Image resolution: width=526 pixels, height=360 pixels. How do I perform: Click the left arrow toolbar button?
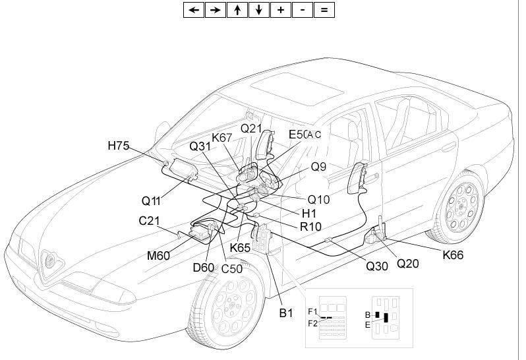(x=193, y=9)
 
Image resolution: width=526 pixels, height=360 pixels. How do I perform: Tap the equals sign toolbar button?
(x=324, y=9)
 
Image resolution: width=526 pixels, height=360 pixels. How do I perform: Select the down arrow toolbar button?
(x=258, y=9)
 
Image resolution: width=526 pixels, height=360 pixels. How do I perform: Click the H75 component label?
(x=119, y=146)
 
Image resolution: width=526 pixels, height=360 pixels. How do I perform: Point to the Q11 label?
(x=151, y=200)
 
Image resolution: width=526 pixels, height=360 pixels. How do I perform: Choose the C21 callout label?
(x=150, y=221)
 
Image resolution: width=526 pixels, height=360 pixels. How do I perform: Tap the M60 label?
(x=159, y=256)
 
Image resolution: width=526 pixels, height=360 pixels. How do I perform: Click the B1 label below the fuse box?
(x=285, y=313)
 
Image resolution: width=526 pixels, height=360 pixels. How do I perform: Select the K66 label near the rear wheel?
(x=452, y=255)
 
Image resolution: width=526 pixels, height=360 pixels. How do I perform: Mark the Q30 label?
(x=377, y=266)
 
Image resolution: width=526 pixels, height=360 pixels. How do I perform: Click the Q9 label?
(x=319, y=167)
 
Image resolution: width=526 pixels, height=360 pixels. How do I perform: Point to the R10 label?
(x=310, y=227)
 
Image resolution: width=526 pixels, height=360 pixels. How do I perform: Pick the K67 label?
(x=222, y=138)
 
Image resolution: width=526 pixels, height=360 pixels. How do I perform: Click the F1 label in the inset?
(x=312, y=311)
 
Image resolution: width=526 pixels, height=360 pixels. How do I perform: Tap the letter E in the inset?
(x=368, y=324)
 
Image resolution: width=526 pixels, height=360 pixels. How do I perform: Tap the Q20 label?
(x=407, y=264)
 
